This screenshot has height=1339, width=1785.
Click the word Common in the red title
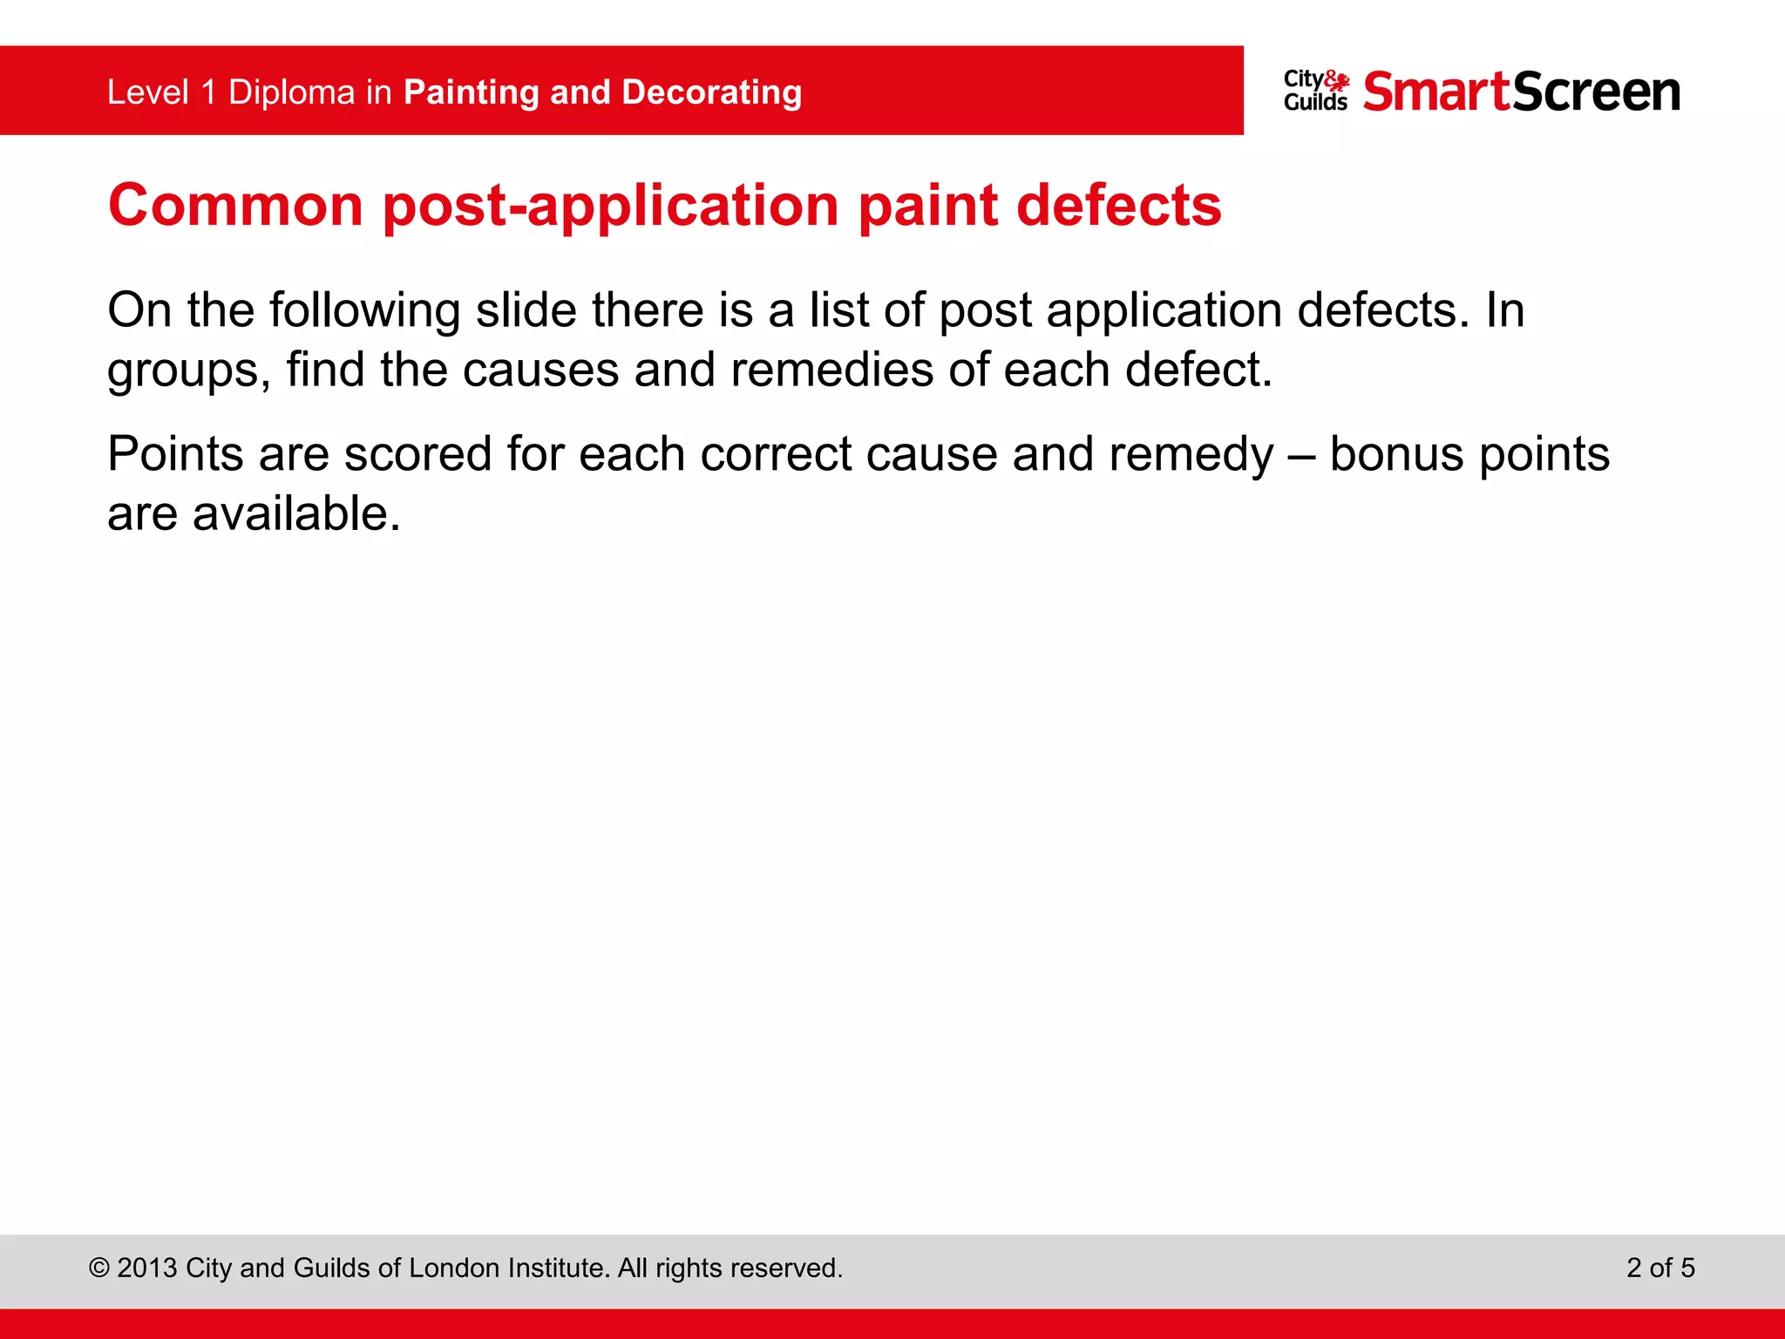[x=235, y=206]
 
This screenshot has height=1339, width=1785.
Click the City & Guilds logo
[x=1315, y=92]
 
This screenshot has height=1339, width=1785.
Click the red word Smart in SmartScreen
[x=1436, y=92]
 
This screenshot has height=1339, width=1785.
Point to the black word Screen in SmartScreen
[x=1597, y=92]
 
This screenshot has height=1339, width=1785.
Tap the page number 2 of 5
[x=1659, y=1268]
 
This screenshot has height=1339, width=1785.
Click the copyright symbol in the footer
[x=98, y=1268]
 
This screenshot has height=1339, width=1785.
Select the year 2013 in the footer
[x=146, y=1268]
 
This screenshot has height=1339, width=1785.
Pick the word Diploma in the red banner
[x=291, y=92]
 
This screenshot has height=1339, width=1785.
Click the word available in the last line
[x=296, y=513]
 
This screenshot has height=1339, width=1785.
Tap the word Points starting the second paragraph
[x=175, y=454]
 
